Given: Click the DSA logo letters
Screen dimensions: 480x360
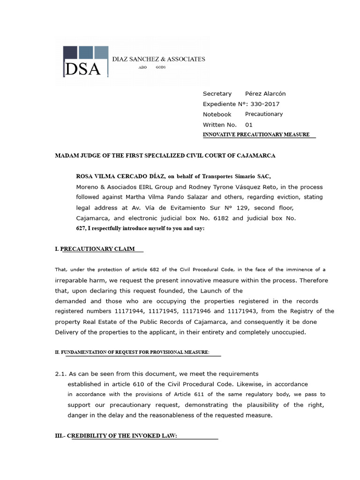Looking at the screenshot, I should pyautogui.click(x=83, y=69).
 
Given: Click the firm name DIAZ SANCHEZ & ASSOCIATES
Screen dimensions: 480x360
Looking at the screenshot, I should pyautogui.click(x=158, y=59).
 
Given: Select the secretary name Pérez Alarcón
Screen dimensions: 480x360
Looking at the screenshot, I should pyautogui.click(x=265, y=94).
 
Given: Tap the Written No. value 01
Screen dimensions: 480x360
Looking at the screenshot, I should pyautogui.click(x=248, y=125).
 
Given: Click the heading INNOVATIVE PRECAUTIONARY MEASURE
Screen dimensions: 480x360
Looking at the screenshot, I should pyautogui.click(x=256, y=135).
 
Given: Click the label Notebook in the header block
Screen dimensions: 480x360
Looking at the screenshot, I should pyautogui.click(x=217, y=114).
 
